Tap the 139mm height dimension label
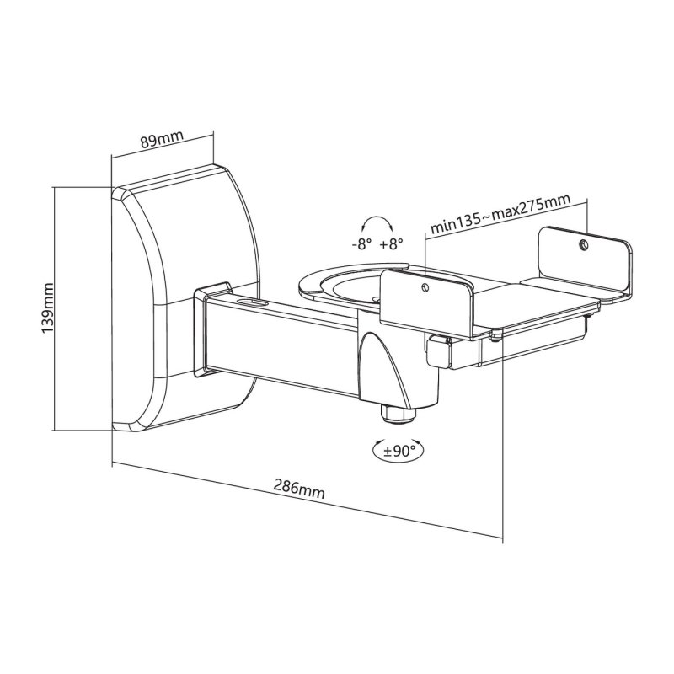[x=48, y=309]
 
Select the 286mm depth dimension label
[x=299, y=487]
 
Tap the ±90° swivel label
[x=399, y=451]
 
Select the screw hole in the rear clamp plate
[x=583, y=245]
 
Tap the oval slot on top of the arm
[x=250, y=299]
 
